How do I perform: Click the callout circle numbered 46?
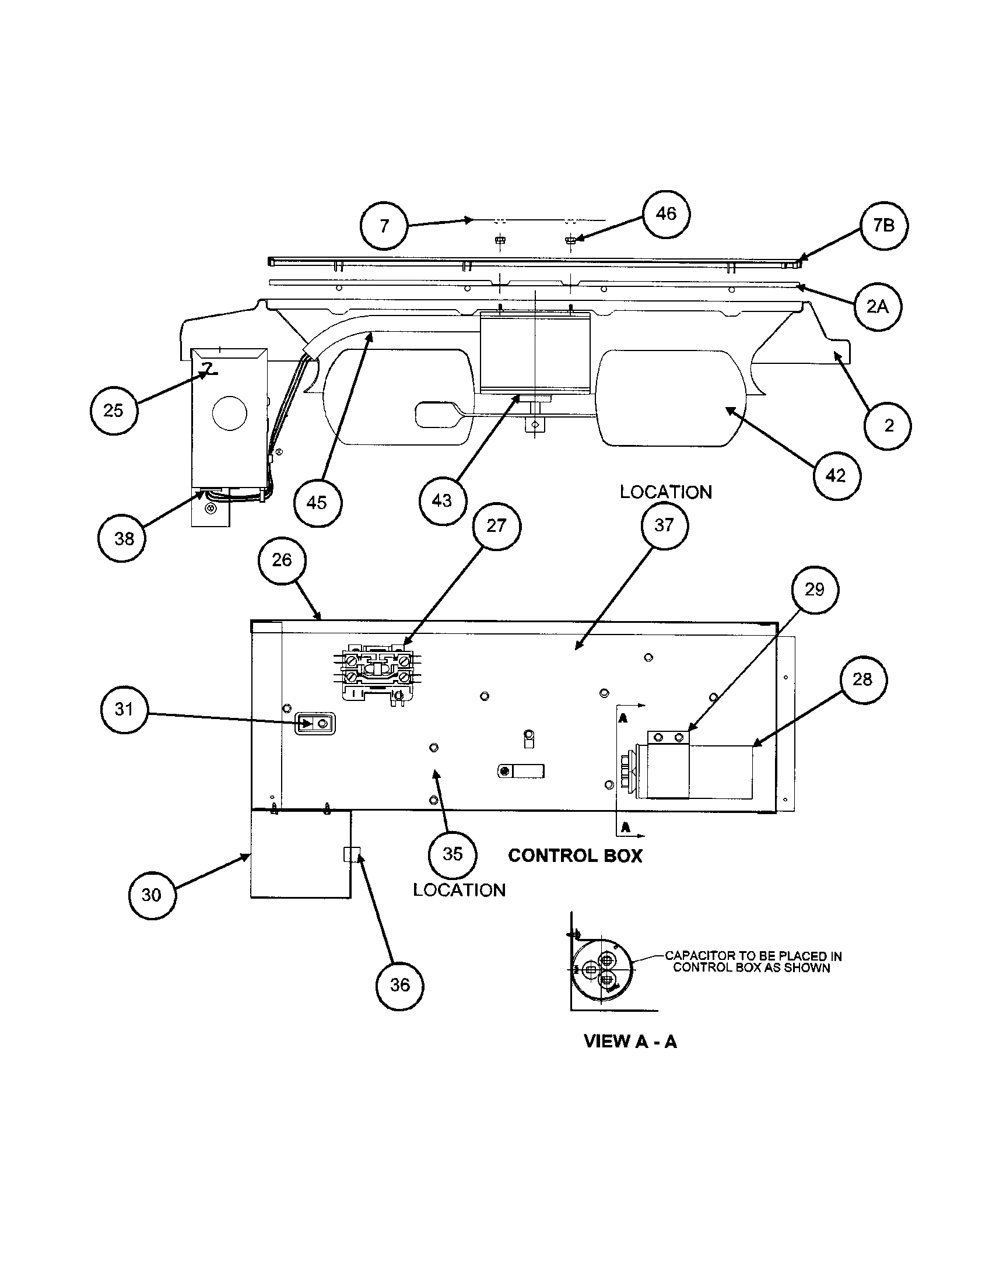[666, 214]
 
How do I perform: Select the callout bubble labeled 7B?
[884, 226]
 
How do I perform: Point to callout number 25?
[114, 410]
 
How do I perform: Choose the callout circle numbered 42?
[836, 475]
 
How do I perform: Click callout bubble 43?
[442, 500]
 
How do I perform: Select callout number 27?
[496, 526]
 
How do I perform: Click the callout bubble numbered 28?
[862, 679]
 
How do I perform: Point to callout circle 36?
[400, 986]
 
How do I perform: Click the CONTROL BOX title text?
[575, 856]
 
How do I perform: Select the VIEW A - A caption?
[630, 1042]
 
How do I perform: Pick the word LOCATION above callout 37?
[666, 492]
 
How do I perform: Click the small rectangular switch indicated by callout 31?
[314, 724]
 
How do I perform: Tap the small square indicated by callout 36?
[350, 854]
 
